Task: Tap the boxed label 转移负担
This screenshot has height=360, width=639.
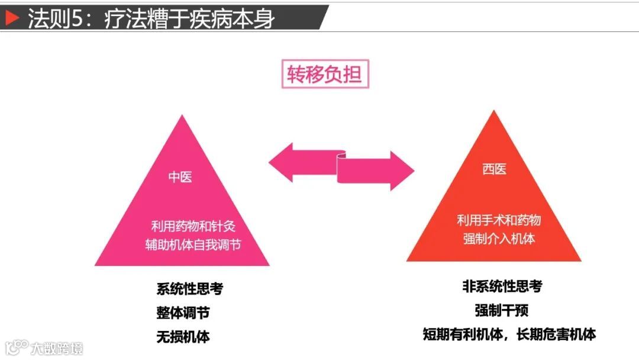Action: (x=324, y=75)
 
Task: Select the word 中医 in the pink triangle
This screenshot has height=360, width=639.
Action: (x=180, y=177)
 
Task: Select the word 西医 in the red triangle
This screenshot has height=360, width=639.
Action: (x=494, y=169)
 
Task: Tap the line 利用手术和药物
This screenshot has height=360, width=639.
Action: (x=499, y=221)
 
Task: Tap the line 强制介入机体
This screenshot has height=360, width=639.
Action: (x=499, y=239)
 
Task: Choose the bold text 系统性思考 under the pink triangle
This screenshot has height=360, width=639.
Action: (x=189, y=289)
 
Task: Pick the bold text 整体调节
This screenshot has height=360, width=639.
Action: (x=183, y=313)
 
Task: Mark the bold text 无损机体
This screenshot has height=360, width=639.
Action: (x=183, y=337)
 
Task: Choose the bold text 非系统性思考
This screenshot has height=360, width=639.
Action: (x=502, y=287)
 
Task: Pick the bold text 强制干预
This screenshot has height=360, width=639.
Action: (x=502, y=310)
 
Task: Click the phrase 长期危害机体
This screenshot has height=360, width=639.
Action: (x=556, y=334)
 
